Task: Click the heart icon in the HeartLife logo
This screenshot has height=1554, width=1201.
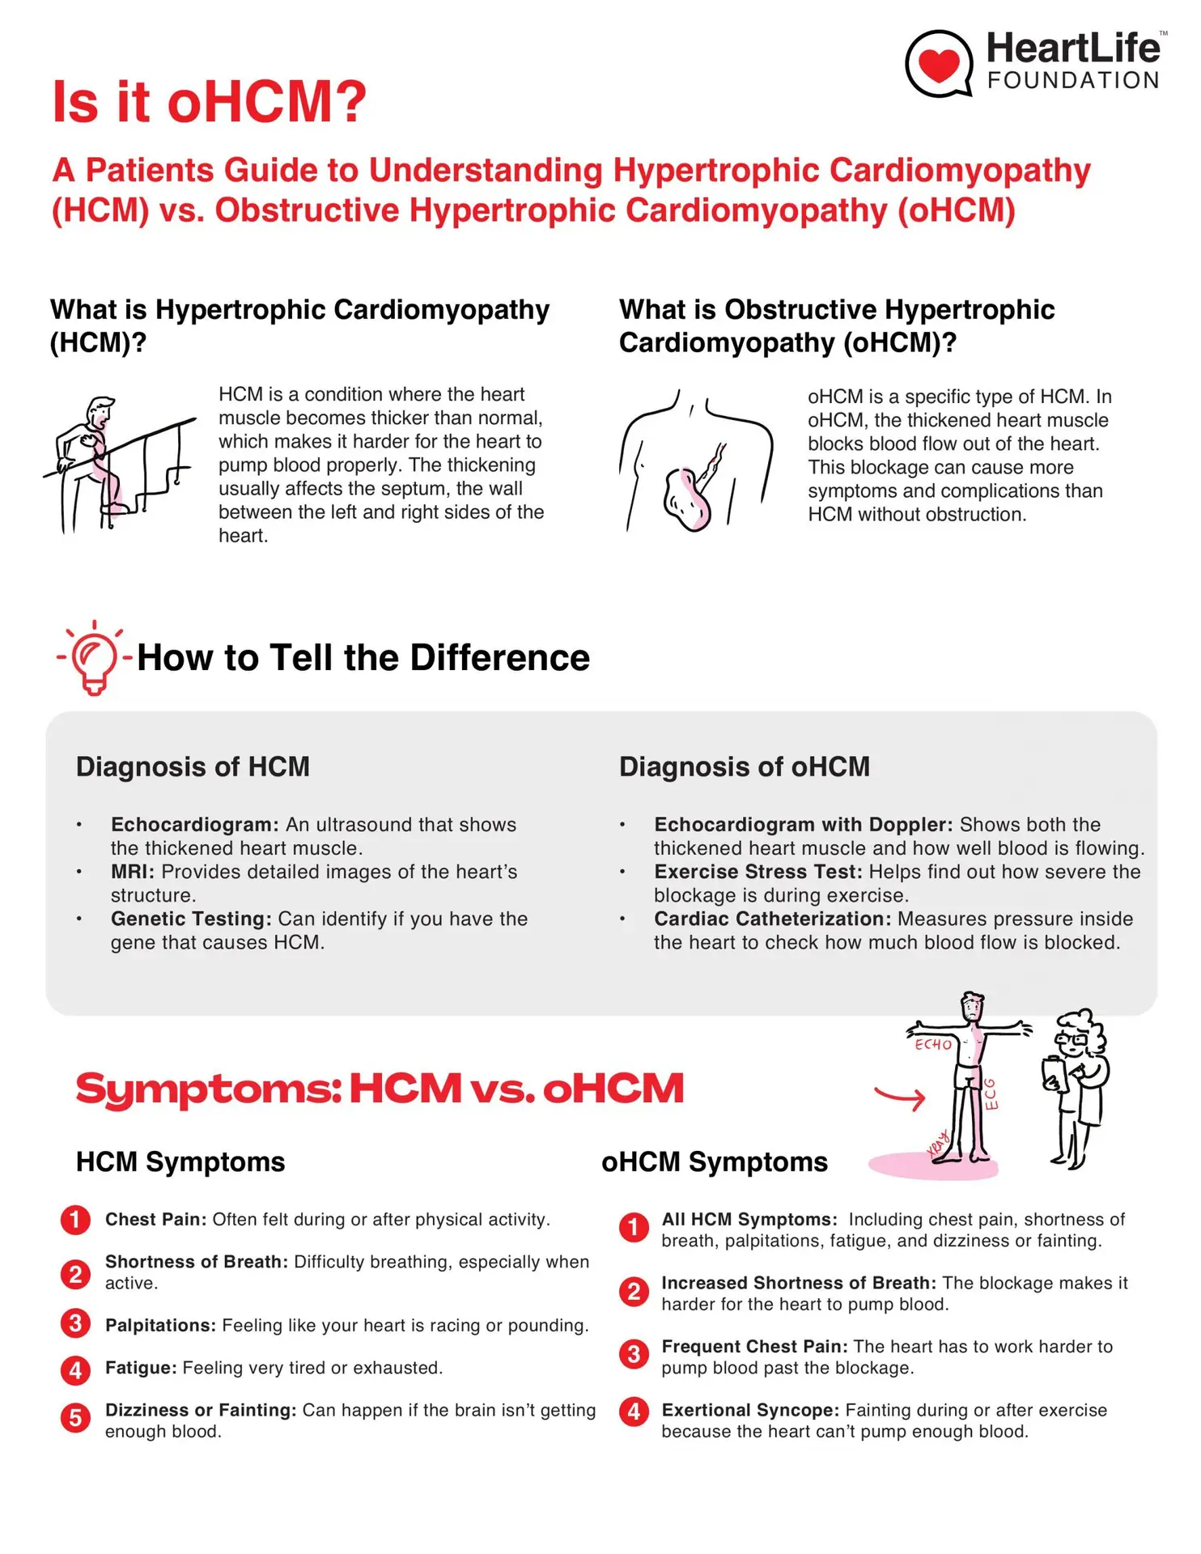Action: click(938, 64)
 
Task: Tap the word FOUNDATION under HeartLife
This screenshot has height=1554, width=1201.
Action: click(1073, 81)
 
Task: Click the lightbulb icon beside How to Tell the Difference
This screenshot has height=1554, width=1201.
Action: click(94, 658)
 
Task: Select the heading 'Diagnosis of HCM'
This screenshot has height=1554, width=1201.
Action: click(193, 766)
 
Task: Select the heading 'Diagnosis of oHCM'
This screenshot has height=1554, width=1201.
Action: click(744, 766)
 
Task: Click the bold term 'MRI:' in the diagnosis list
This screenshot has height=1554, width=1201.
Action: click(133, 872)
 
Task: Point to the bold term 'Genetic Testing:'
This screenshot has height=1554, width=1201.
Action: click(191, 919)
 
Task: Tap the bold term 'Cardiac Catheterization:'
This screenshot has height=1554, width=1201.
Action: click(772, 919)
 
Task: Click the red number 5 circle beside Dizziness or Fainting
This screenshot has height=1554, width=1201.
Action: click(75, 1417)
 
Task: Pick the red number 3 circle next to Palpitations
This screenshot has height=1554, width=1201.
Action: click(75, 1323)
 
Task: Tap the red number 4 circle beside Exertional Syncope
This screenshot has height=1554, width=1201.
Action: click(634, 1412)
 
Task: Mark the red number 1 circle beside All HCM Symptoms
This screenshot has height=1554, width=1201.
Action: click(634, 1227)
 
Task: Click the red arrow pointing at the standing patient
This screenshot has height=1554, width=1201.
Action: click(900, 1098)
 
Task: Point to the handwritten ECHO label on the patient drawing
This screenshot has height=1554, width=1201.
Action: click(933, 1045)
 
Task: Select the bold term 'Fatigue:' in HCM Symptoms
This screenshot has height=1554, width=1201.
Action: click(141, 1368)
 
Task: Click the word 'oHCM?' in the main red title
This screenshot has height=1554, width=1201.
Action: click(267, 102)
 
